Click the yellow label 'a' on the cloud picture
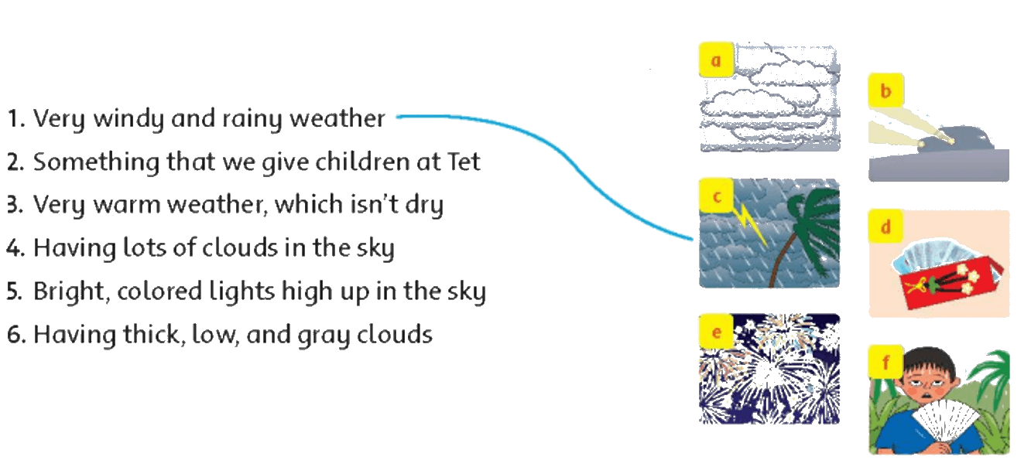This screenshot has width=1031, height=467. tap(716, 60)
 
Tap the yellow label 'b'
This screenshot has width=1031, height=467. tap(886, 90)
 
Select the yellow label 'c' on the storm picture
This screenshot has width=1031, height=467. tap(716, 196)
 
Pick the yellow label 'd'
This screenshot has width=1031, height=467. tap(886, 226)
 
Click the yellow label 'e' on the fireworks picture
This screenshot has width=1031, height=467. tap(716, 332)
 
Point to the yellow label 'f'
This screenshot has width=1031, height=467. tap(886, 362)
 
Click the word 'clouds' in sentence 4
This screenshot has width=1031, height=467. tap(240, 247)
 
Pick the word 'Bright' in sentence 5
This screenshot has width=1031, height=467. tap(71, 292)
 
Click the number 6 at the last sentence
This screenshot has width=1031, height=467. tap(15, 335)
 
